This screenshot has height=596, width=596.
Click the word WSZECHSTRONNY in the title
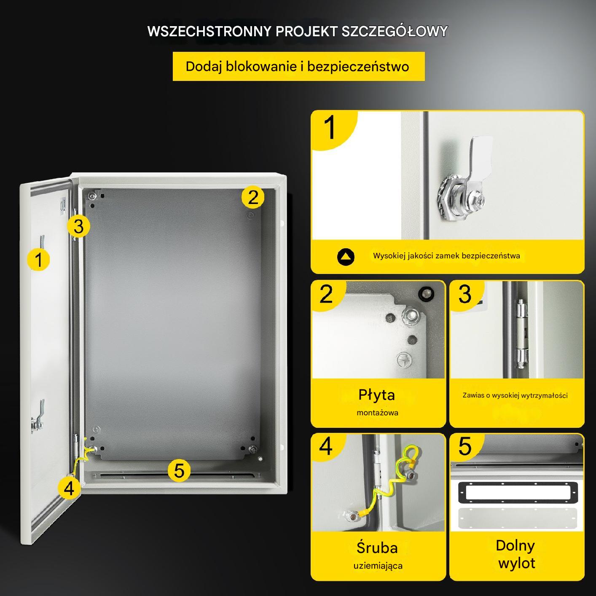[209, 31]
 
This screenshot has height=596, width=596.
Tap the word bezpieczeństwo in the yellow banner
[358, 67]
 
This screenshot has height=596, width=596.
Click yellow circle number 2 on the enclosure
[253, 197]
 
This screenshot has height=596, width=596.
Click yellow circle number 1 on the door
[38, 259]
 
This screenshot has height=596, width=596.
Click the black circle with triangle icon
[346, 257]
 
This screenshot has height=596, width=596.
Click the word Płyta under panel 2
[376, 395]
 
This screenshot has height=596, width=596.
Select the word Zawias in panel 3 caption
[473, 395]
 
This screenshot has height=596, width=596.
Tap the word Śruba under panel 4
[377, 548]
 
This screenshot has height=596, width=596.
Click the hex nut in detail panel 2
[411, 316]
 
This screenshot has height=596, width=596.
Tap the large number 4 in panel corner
[326, 447]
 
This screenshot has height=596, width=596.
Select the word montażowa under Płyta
[377, 413]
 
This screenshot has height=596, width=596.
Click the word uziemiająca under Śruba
[378, 566]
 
